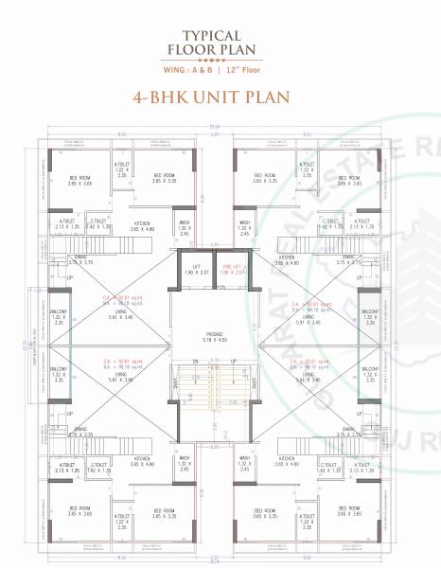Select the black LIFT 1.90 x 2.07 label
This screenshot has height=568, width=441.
click(193, 270)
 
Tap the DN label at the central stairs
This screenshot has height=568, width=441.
click(193, 361)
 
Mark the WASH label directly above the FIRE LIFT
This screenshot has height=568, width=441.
click(245, 224)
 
